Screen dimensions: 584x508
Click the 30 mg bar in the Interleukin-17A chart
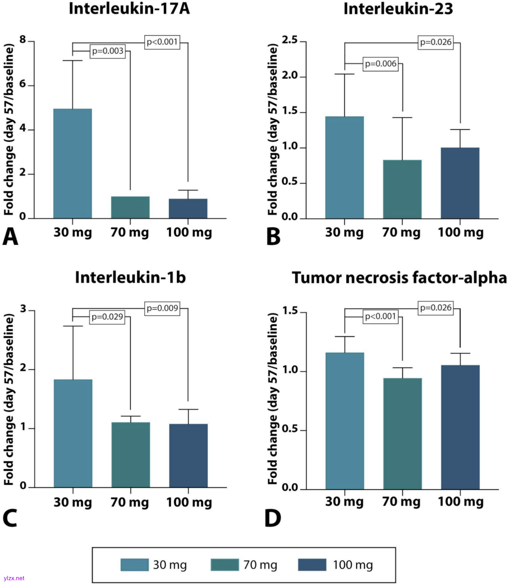(73, 164)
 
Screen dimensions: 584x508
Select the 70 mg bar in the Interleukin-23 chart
(402, 189)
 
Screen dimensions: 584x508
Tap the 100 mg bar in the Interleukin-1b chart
(188, 456)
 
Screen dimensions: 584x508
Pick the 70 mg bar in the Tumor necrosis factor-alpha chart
(402, 433)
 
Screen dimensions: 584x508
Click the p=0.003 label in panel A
(108, 51)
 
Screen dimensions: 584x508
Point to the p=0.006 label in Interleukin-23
(381, 64)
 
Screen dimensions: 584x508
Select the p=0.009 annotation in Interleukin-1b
(162, 308)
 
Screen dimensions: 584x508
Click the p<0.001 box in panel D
(381, 316)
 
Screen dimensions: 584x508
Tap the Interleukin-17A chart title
(129, 9)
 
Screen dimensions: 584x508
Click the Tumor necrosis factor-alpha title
(399, 278)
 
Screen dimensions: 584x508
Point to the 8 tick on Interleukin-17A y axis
(23, 40)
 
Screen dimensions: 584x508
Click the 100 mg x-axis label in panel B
(460, 232)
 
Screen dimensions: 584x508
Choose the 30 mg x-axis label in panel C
(73, 502)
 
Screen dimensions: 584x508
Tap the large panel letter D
(273, 518)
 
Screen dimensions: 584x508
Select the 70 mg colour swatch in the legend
(225, 565)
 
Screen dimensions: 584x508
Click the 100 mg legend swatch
(312, 565)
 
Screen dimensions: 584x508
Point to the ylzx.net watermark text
(14, 578)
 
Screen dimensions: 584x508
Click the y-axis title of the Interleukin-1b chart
(9, 399)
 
